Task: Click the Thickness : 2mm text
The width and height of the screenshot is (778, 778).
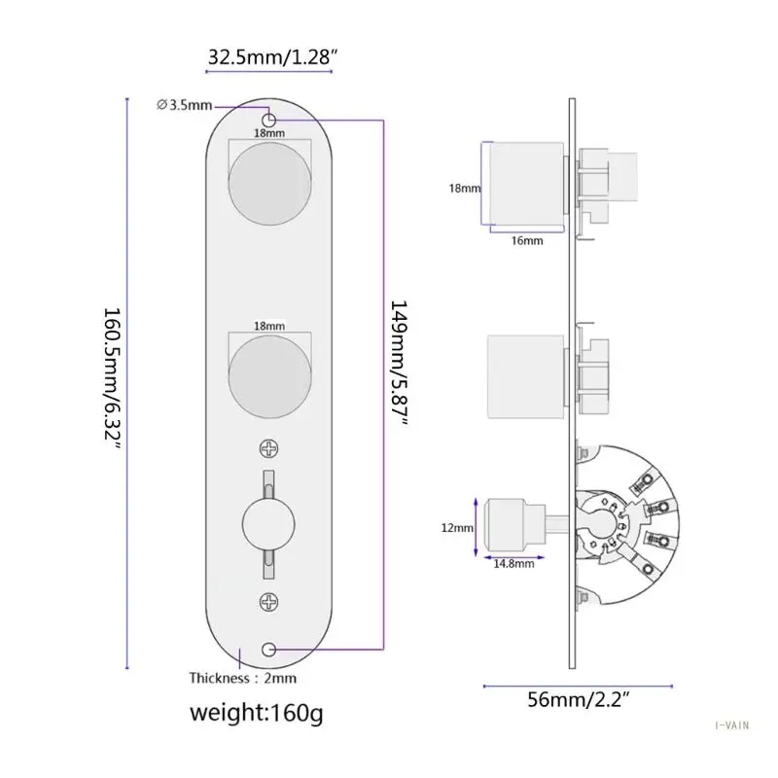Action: pos(242,677)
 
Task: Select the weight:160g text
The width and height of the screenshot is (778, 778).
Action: pos(256,715)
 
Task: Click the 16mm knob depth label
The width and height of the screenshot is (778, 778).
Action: pos(526,239)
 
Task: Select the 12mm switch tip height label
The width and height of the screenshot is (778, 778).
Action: pos(457,527)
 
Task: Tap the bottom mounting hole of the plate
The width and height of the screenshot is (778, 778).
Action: pos(270,649)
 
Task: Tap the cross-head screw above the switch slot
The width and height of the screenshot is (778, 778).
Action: pos(269,447)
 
